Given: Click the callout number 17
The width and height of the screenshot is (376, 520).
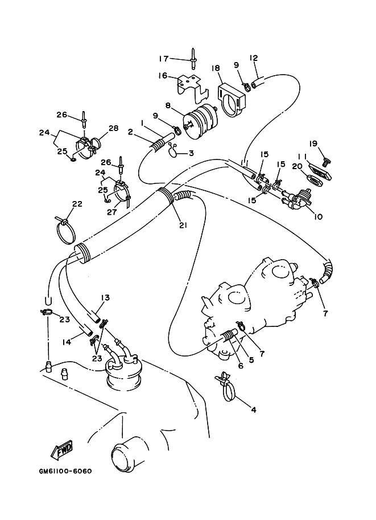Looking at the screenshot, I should (x=164, y=58).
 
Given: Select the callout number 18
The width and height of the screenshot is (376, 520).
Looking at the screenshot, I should (x=216, y=68).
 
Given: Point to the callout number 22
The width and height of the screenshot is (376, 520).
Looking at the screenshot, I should (x=77, y=204).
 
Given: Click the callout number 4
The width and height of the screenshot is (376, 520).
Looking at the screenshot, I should (x=254, y=409).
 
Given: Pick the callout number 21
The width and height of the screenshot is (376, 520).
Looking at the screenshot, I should (x=183, y=224).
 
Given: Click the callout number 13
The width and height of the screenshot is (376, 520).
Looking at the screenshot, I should (x=106, y=298).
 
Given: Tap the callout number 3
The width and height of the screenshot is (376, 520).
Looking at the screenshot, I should (x=191, y=153).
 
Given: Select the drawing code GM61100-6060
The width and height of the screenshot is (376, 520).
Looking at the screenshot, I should (x=66, y=472).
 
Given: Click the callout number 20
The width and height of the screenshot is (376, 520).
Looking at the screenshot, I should (x=296, y=166).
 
